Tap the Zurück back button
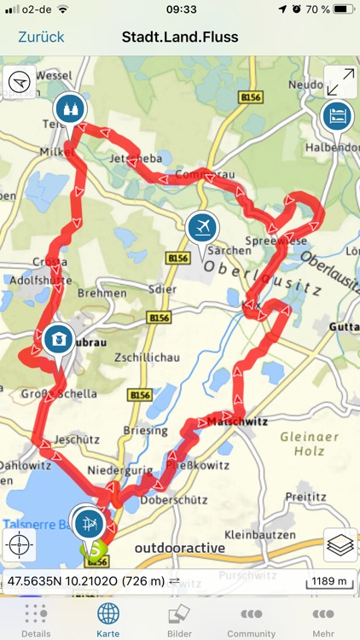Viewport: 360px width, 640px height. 41,37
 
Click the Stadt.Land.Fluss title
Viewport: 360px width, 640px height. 180,37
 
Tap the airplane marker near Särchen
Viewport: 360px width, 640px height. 202,227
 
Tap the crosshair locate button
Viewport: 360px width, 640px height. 20,543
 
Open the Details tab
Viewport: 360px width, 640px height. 36,620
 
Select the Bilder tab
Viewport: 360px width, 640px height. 179,620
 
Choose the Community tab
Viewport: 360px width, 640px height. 251,620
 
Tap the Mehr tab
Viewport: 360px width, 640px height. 323,620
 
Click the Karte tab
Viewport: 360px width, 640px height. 107,620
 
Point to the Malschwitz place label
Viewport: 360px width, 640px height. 238,421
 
